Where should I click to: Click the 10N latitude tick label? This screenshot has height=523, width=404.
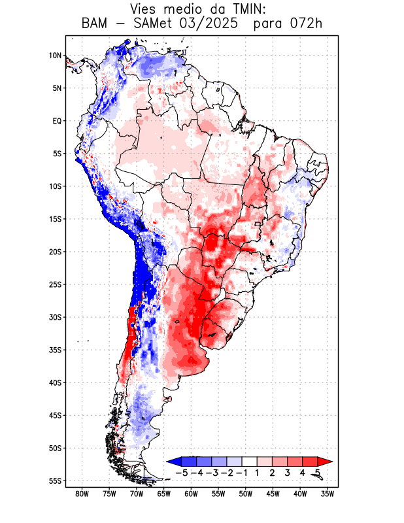[x=55, y=56]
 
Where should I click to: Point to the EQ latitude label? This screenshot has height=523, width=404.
[x=56, y=121]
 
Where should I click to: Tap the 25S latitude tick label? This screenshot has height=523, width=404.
[x=54, y=284]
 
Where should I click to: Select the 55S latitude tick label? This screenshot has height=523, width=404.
[x=54, y=481]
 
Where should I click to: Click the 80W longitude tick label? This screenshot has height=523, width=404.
[x=82, y=494]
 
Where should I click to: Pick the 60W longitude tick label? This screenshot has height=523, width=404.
[x=191, y=494]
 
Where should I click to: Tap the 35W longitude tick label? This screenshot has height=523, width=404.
[x=328, y=494]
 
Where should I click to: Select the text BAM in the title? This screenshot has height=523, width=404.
[x=95, y=24]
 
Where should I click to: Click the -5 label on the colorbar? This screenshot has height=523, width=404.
[x=181, y=472]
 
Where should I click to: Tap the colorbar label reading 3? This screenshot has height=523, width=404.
[x=287, y=472]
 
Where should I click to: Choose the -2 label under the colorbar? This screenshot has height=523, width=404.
[x=226, y=472]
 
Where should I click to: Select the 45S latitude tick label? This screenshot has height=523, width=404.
[x=54, y=415]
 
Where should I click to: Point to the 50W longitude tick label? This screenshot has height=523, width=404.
[x=246, y=494]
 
